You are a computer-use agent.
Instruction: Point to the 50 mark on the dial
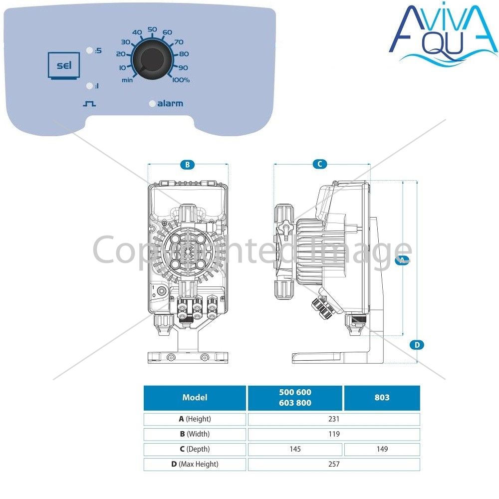[152, 29]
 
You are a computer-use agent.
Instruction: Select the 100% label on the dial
[181, 80]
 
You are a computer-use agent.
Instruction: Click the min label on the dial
[127, 80]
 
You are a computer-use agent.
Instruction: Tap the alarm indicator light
[152, 103]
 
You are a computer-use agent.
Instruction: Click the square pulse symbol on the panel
[89, 104]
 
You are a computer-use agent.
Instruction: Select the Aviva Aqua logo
[443, 32]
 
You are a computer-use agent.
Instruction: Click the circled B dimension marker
[188, 165]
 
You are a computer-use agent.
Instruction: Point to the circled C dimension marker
[320, 164]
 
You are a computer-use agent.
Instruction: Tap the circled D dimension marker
[417, 345]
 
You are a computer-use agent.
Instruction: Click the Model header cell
[195, 398]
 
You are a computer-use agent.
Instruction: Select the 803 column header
[382, 398]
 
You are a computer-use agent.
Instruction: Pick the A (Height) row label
[195, 419]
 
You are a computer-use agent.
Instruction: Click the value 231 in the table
[334, 419]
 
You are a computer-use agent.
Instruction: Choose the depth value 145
[295, 449]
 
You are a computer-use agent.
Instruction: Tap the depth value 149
[382, 449]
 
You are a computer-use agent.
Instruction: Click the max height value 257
[334, 464]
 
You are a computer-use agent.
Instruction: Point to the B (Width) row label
[195, 434]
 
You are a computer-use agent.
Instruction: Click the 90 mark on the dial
[183, 68]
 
